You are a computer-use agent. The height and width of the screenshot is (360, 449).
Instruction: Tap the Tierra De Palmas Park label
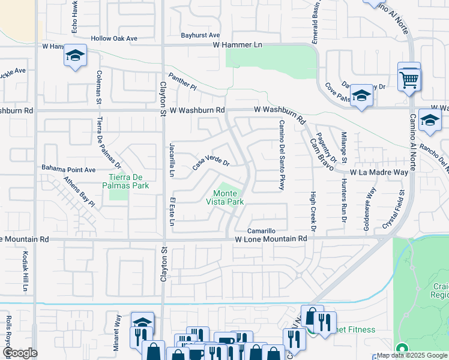(x=128, y=181)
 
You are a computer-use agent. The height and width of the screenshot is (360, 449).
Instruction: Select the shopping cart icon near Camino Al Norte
(x=409, y=78)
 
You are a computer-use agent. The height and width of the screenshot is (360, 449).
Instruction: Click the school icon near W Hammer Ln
(x=75, y=56)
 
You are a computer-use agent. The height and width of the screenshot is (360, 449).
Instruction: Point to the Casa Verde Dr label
(x=211, y=163)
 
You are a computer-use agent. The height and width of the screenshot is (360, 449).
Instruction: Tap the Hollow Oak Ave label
(x=114, y=38)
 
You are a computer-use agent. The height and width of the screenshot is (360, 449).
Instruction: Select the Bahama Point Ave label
(x=68, y=170)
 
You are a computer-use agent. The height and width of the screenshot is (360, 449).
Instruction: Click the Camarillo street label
(x=262, y=231)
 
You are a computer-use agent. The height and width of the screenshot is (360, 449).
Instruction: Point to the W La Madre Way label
(x=379, y=172)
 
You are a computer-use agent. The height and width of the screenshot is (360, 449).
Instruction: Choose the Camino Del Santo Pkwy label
(x=280, y=155)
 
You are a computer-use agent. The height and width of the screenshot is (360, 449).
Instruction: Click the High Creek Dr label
(x=313, y=212)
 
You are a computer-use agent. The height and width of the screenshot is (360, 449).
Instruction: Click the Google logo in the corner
(x=19, y=352)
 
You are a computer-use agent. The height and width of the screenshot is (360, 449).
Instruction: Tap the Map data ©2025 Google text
(x=411, y=355)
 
